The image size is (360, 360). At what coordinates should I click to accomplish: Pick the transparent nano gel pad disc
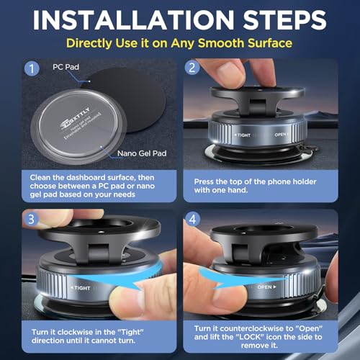76,122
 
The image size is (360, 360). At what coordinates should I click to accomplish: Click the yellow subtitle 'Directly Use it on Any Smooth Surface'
179,44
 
